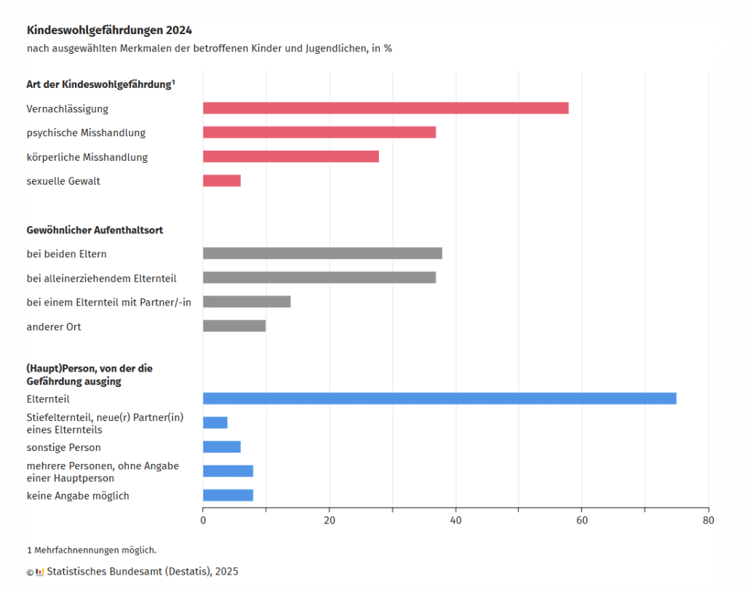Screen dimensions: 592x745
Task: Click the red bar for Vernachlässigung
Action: pyautogui.click(x=386, y=108)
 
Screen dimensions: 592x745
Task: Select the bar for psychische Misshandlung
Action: pyautogui.click(x=319, y=132)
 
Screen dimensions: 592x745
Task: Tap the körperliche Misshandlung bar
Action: pyautogui.click(x=291, y=156)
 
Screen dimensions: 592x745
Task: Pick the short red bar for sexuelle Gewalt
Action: pyautogui.click(x=222, y=180)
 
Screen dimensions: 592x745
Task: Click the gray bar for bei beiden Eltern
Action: pyautogui.click(x=322, y=253)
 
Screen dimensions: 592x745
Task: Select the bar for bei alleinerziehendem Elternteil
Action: pyautogui.click(x=319, y=277)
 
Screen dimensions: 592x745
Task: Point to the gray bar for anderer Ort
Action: pyautogui.click(x=234, y=326)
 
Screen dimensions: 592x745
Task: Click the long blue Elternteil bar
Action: pyautogui.click(x=439, y=399)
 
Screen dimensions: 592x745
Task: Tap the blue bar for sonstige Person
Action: pyautogui.click(x=222, y=447)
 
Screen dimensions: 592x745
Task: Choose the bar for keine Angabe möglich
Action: pyautogui.click(x=228, y=495)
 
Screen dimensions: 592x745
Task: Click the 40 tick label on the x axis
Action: pyautogui.click(x=455, y=521)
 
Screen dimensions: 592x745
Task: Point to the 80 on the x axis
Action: pyautogui.click(x=708, y=521)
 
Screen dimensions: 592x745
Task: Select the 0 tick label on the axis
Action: pyautogui.click(x=203, y=521)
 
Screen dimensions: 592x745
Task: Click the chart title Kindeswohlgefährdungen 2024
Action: pyautogui.click(x=110, y=31)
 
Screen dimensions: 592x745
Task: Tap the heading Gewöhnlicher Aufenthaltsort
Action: pyautogui.click(x=95, y=230)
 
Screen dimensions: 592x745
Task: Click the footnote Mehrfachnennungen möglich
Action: pyautogui.click(x=95, y=550)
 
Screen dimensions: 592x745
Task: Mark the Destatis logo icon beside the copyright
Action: pyautogui.click(x=40, y=572)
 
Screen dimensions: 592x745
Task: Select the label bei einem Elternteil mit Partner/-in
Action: pyautogui.click(x=109, y=302)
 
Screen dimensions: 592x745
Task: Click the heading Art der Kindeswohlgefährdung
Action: pyautogui.click(x=100, y=84)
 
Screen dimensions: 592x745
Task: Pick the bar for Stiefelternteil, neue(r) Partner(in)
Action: pyautogui.click(x=215, y=423)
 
